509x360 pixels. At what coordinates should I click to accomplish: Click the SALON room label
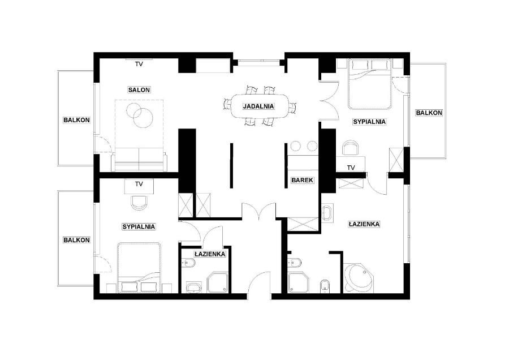[x=139, y=89]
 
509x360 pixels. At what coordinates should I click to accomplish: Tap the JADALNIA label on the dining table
[x=258, y=106]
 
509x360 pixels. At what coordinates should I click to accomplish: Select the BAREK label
[x=302, y=180]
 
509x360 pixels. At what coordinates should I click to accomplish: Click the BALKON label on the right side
[x=429, y=113]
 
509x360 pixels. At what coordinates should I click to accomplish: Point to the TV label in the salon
[x=139, y=65]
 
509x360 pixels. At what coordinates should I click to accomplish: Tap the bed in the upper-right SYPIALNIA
[x=370, y=84]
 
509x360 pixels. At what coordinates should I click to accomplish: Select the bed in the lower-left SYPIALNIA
[x=139, y=267]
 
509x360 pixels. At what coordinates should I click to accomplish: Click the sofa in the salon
[x=139, y=159]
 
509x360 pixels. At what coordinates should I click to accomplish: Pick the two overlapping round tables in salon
[x=140, y=115]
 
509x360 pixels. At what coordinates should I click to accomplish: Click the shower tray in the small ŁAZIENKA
[x=218, y=282]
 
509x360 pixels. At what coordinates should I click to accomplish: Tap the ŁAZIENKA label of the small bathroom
[x=210, y=254]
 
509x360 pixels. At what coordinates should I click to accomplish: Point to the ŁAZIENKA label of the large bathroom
[x=364, y=224]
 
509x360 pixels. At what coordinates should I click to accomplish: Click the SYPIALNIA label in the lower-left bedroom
[x=139, y=227]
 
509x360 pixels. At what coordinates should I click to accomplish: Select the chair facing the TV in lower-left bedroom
[x=139, y=203]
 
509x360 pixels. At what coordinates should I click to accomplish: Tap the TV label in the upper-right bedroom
[x=351, y=168]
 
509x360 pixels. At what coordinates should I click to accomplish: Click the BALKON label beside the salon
[x=76, y=120]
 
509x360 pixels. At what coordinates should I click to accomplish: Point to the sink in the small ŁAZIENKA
[x=194, y=288]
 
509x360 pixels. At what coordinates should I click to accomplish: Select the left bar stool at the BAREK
[x=296, y=146]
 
